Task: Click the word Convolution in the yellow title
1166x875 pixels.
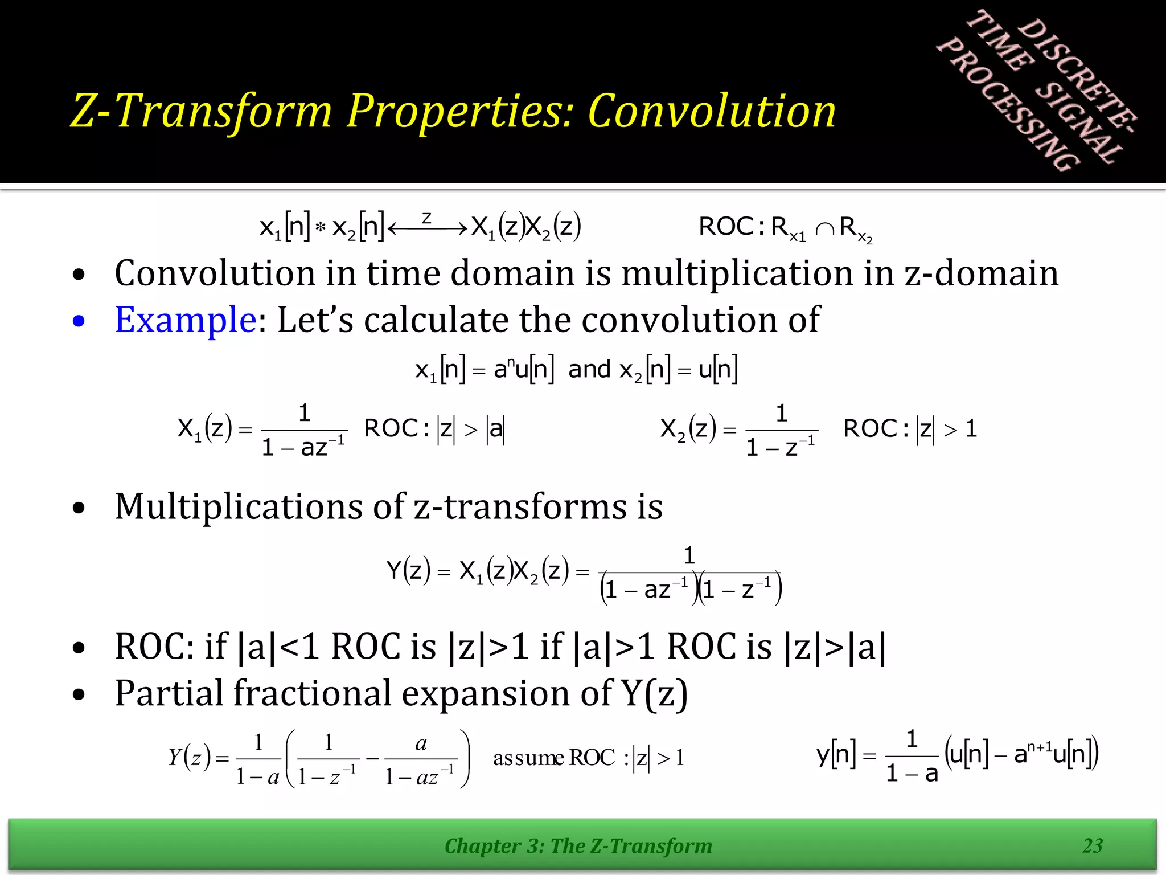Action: tap(712, 111)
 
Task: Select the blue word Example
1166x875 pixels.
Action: tap(186, 320)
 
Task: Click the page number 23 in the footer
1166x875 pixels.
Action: tap(1093, 845)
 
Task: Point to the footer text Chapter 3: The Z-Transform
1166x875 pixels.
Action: tap(578, 846)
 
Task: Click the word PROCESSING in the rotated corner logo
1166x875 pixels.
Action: tap(1008, 105)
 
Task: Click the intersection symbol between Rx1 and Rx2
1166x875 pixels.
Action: tap(824, 229)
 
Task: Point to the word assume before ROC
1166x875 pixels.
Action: tap(528, 758)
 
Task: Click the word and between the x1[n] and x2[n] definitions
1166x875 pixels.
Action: tap(589, 369)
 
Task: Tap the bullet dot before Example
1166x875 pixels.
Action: tap(79, 321)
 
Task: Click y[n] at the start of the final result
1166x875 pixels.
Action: tap(836, 755)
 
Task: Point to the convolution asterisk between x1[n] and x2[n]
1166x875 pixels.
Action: tap(321, 228)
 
